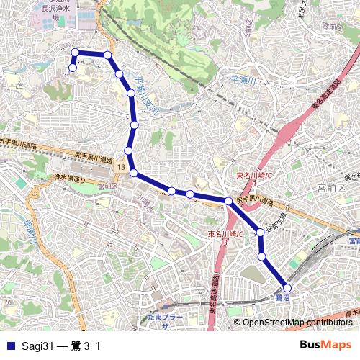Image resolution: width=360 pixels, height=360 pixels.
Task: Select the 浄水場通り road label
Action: [68, 176]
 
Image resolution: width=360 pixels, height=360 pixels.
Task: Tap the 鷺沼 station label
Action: [282, 297]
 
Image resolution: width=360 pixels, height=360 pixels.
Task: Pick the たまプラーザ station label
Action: [163, 320]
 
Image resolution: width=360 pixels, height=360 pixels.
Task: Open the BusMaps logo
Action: [325, 346]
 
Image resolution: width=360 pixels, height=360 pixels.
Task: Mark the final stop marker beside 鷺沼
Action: [287, 287]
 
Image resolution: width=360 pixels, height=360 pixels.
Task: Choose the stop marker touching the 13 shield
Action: [133, 172]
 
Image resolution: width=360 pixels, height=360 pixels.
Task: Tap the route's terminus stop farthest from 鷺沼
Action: [72, 68]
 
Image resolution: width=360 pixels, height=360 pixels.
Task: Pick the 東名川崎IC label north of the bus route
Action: [253, 176]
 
